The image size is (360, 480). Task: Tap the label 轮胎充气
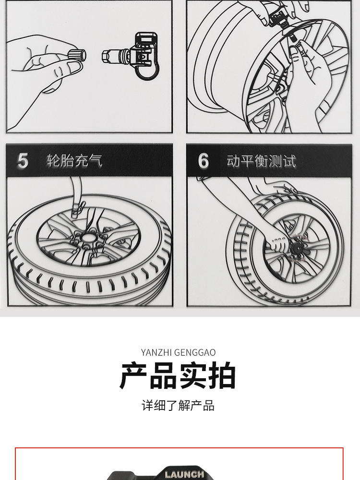click(x=74, y=161)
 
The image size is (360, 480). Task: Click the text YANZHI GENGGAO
click(x=178, y=353)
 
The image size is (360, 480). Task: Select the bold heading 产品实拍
click(x=178, y=376)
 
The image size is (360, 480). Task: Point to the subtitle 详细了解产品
click(x=178, y=405)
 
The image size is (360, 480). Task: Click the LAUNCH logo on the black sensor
click(x=184, y=474)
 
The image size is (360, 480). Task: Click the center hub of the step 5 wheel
click(x=87, y=238)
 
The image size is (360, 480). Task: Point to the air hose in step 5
click(x=75, y=192)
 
